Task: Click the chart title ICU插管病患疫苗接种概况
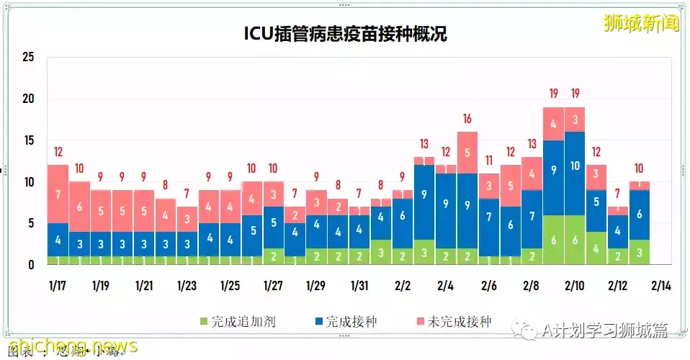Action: pos(344,34)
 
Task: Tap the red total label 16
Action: pos(467,119)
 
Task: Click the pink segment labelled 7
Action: pos(58,194)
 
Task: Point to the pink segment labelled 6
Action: pos(79,207)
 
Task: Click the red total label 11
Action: pos(488,161)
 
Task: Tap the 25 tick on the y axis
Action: pos(28,57)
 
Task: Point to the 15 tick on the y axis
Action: pos(28,140)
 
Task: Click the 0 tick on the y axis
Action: pos(31,265)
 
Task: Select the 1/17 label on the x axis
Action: pos(58,285)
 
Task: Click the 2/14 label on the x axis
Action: pos(660,285)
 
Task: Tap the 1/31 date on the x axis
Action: pos(359,285)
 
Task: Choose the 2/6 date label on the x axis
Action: pos(488,285)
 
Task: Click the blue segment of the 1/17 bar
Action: pos(58,240)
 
